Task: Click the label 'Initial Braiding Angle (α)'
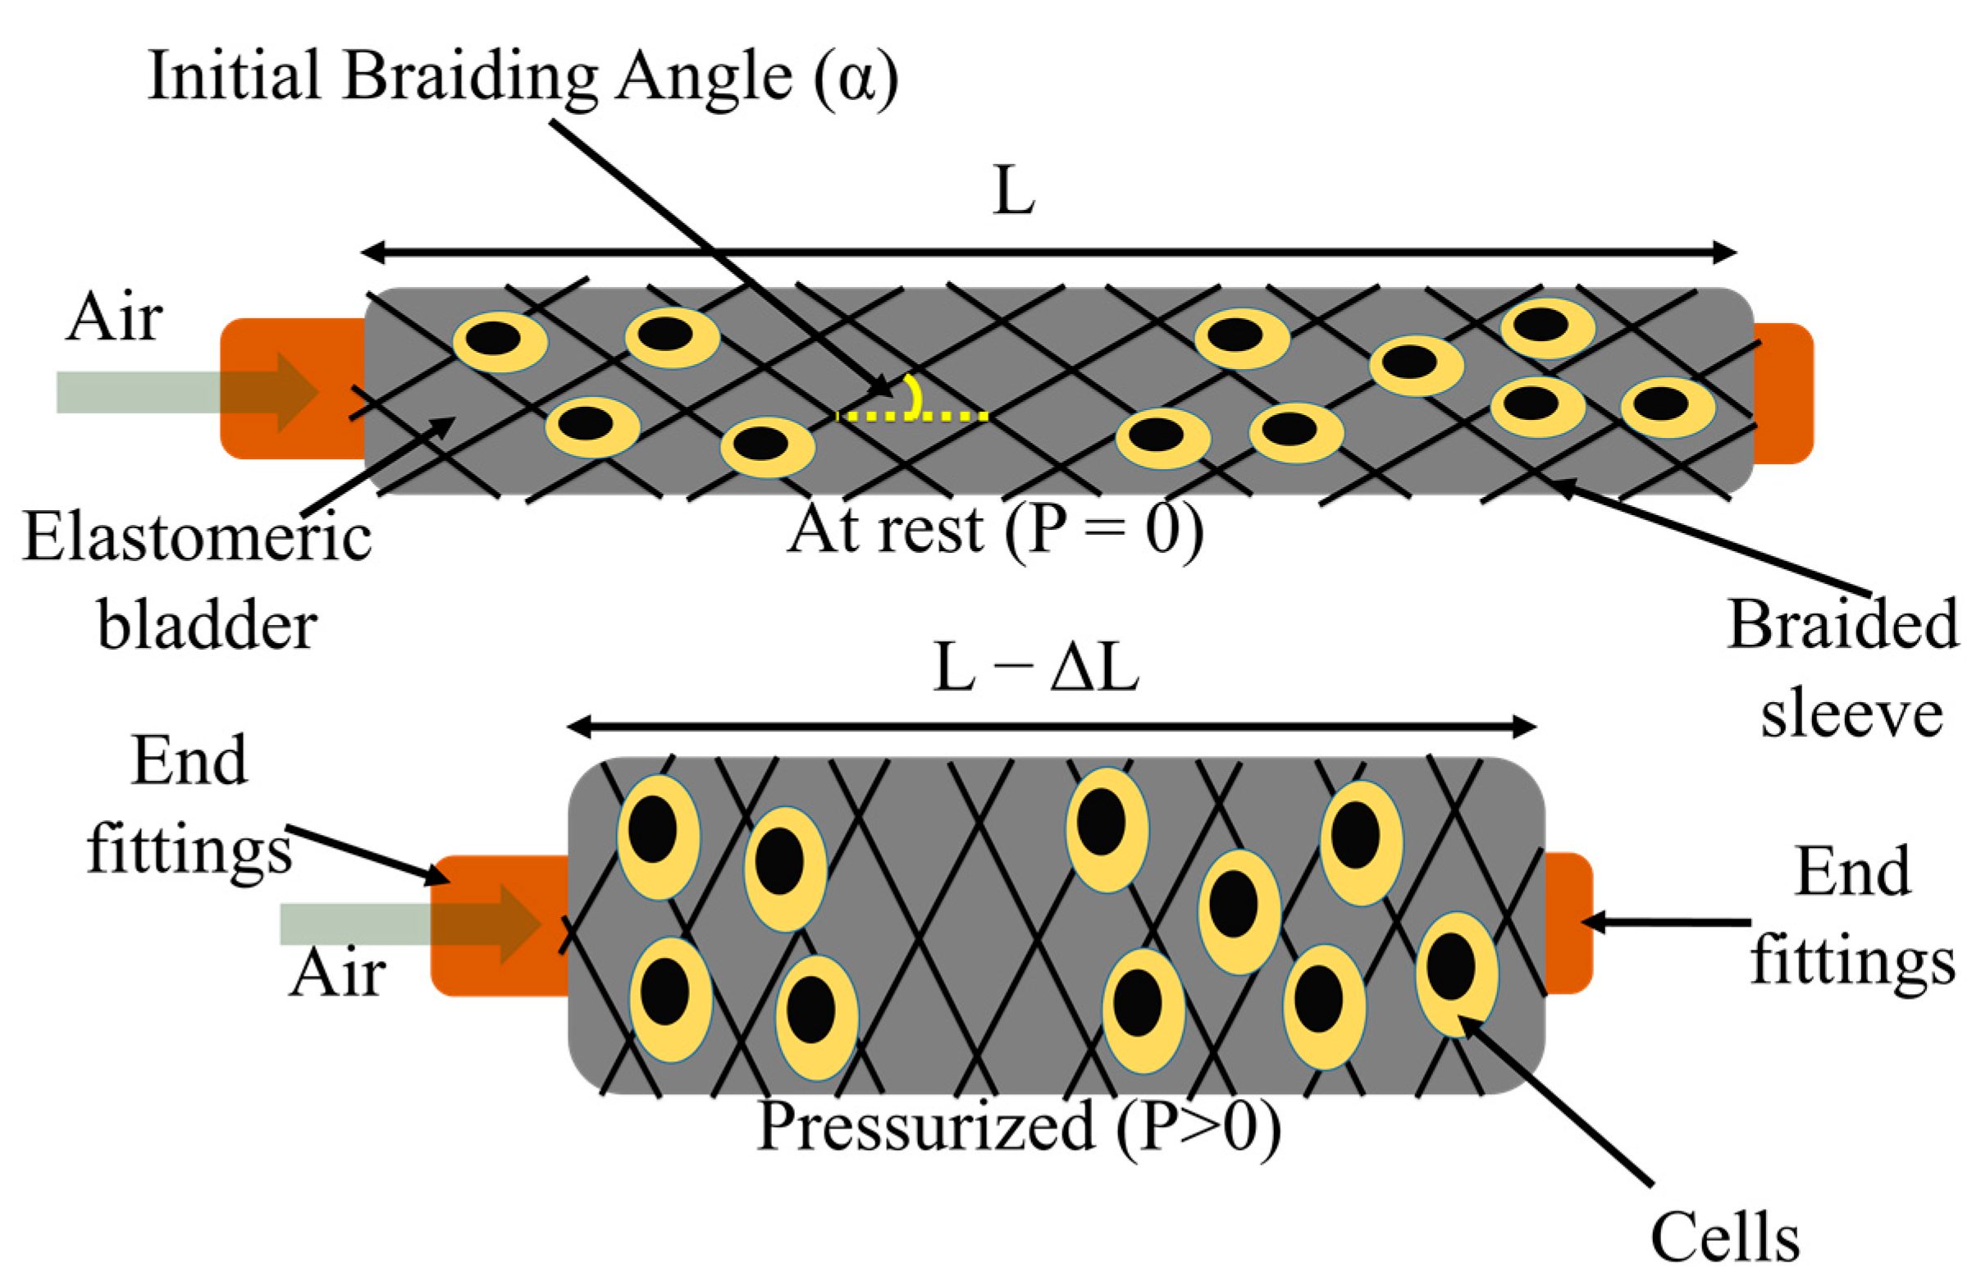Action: pyautogui.click(x=523, y=76)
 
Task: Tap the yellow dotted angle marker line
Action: pyautogui.click(x=912, y=416)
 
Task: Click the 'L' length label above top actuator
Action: pyautogui.click(x=1013, y=191)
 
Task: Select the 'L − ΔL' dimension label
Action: pyautogui.click(x=1036, y=668)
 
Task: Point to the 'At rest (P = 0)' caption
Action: pyautogui.click(x=995, y=530)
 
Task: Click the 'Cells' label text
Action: pyautogui.click(x=1725, y=1240)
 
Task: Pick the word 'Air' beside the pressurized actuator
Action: pyautogui.click(x=336, y=974)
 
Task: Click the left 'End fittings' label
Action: pyautogui.click(x=189, y=805)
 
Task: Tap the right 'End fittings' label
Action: pyautogui.click(x=1854, y=916)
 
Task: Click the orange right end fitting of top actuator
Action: pyautogui.click(x=1782, y=392)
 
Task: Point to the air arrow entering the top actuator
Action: pyautogui.click(x=186, y=392)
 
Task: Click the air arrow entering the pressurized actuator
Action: pyautogui.click(x=410, y=924)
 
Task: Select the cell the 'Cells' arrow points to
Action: pyautogui.click(x=1455, y=974)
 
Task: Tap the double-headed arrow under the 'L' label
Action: pyautogui.click(x=1048, y=252)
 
